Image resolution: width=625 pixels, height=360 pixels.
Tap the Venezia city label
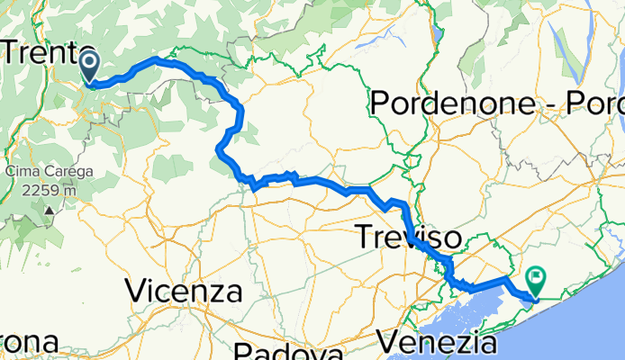[x=437, y=343]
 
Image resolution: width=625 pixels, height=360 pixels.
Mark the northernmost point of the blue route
[x=158, y=59]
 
